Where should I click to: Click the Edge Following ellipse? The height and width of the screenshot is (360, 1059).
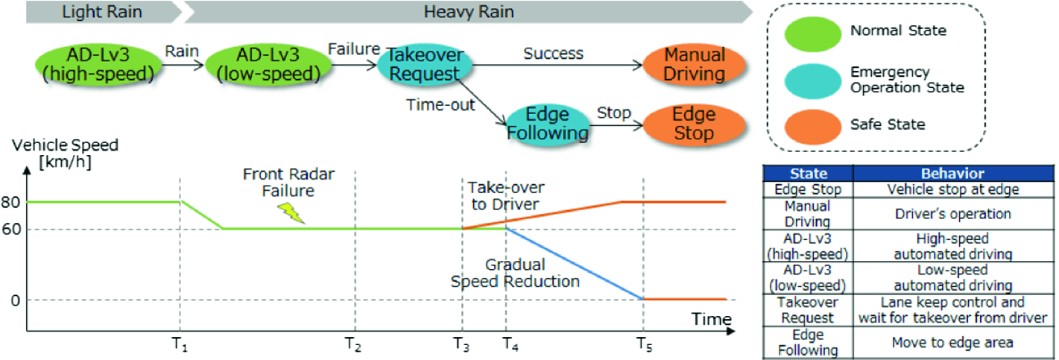tap(548, 124)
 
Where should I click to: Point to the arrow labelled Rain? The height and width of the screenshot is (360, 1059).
tap(182, 66)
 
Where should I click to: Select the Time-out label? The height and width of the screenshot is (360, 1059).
tap(440, 105)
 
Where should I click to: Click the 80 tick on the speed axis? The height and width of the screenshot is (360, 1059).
tap(11, 201)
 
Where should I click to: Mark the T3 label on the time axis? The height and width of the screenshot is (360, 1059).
tap(461, 344)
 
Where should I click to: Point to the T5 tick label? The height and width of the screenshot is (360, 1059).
tap(643, 344)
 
